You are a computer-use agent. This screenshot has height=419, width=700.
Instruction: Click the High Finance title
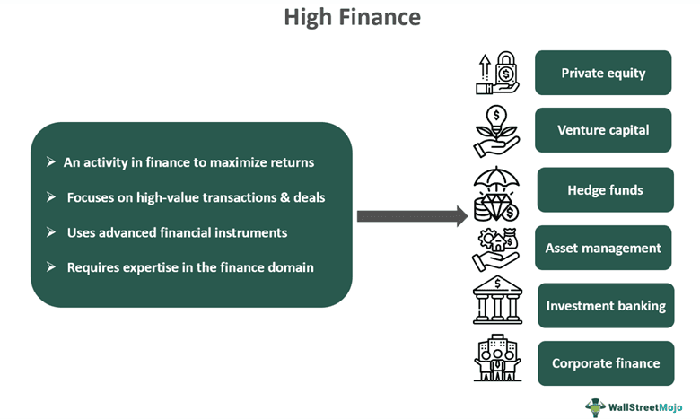(x=352, y=17)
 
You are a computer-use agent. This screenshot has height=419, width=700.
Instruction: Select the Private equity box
(x=603, y=73)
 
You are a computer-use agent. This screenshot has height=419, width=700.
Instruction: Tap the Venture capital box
(x=603, y=130)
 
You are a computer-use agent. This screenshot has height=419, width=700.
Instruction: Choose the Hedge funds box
(x=605, y=190)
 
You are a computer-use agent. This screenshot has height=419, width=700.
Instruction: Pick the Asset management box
(x=603, y=248)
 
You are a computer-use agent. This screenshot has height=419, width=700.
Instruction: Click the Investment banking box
(x=606, y=306)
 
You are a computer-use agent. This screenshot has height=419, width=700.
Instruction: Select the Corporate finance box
(x=606, y=363)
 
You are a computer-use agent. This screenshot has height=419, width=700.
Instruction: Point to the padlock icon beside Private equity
(x=498, y=73)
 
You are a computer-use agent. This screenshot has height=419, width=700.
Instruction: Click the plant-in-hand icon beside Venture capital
(x=497, y=131)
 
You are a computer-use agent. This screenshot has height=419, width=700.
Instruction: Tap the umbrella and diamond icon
(x=496, y=192)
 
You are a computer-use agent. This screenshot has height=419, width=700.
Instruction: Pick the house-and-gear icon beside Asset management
(x=495, y=249)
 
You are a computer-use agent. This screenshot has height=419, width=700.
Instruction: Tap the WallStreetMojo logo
(x=634, y=406)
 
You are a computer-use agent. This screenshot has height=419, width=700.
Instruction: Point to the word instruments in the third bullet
(x=249, y=232)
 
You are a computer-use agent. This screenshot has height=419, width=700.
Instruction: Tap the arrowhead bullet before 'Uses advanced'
(x=51, y=232)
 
